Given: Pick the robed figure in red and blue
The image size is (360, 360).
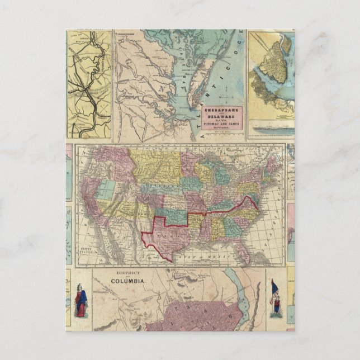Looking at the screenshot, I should click(81, 302).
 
